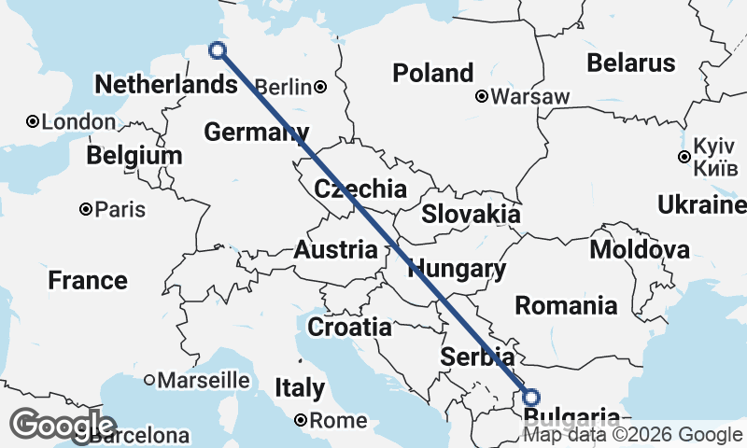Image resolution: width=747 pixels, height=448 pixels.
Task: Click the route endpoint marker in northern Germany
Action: pos(218,50)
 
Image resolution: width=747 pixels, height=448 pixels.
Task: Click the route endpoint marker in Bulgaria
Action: pos(531,397)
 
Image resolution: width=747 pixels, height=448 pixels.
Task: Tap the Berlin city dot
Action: pos(320,87)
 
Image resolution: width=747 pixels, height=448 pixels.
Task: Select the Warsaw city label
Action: pos(529,96)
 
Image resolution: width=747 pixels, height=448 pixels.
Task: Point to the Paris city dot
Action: pos(85,210)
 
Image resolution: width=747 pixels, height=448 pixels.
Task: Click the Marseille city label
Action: pos(204,380)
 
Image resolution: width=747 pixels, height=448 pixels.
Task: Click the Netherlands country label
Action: pos(165,85)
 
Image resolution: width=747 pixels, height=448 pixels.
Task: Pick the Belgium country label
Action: pos(134,155)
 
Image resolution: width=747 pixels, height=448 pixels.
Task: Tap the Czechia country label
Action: pos(360,189)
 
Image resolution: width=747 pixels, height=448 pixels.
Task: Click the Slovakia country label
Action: pos(471,214)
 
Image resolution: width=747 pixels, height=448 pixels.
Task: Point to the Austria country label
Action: pos(336,250)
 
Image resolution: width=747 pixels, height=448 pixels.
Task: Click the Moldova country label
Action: pos(640,249)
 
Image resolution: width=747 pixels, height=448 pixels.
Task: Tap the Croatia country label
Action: pos(349,328)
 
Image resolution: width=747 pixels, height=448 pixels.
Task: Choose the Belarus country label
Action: pos(630,63)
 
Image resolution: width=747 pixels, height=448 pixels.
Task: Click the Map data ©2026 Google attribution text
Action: pos(632,435)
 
